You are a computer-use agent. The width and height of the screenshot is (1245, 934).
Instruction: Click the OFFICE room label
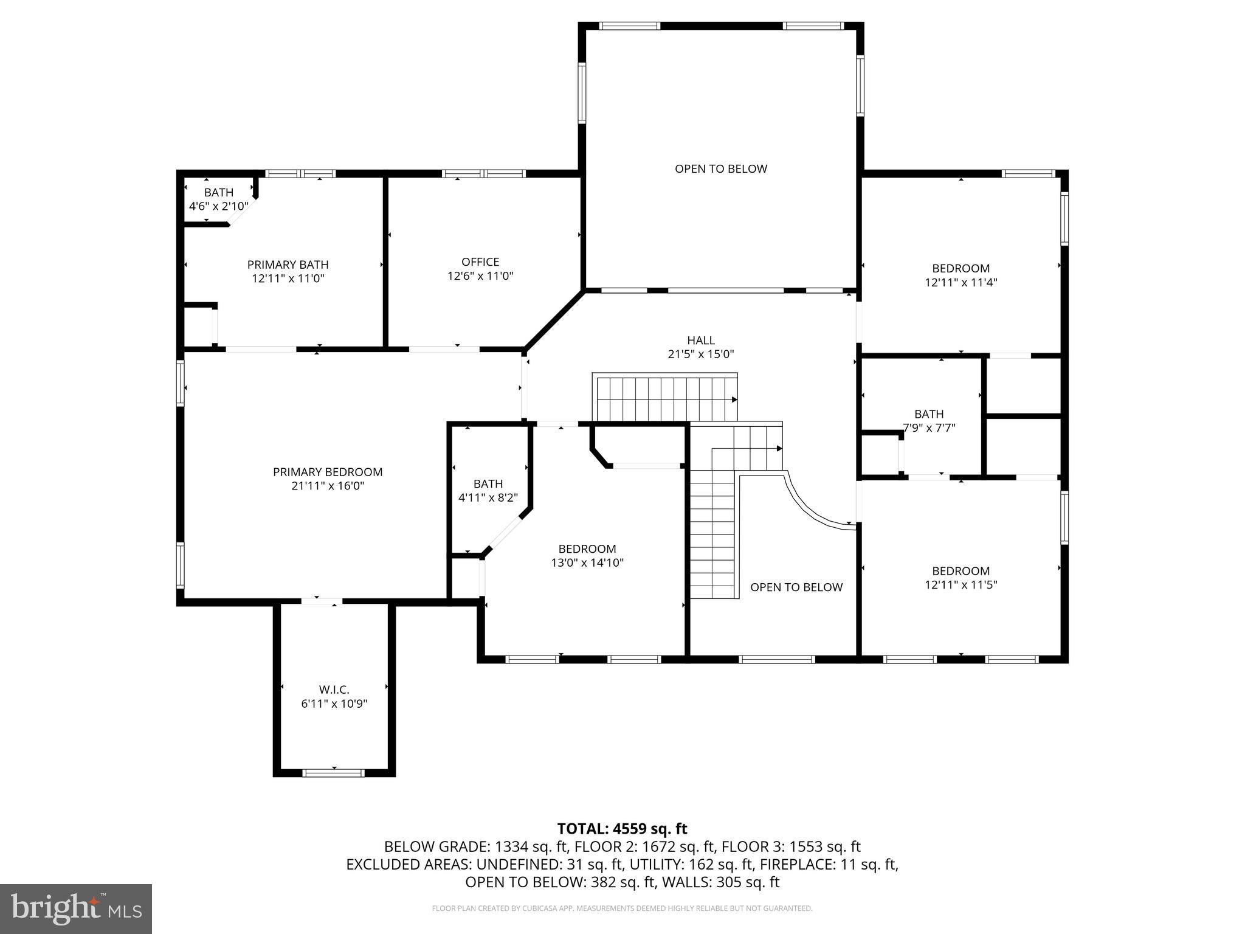[x=480, y=262]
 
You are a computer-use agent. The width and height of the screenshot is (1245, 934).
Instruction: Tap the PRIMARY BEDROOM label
[x=328, y=472]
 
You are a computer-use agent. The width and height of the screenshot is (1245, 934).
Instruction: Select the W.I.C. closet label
[x=334, y=690]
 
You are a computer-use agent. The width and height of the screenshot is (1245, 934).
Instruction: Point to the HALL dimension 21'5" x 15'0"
[x=701, y=354]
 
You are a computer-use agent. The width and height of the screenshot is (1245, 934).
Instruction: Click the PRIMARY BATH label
[x=288, y=265]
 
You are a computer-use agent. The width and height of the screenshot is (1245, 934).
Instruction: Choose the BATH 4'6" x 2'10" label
[x=218, y=199]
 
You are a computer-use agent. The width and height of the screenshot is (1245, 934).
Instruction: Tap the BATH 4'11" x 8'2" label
[x=488, y=490]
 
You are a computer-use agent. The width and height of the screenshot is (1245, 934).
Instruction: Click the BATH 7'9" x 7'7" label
[x=929, y=421]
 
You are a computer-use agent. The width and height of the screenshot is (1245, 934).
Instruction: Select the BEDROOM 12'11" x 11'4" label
[x=960, y=275]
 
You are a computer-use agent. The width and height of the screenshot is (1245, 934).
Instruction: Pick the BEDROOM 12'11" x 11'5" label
[x=960, y=578]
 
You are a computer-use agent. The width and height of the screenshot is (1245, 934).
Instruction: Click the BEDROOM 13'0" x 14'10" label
[x=587, y=556]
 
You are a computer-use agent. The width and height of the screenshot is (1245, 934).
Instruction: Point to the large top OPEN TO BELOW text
[x=721, y=169]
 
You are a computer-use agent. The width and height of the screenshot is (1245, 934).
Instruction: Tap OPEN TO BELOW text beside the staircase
[x=796, y=587]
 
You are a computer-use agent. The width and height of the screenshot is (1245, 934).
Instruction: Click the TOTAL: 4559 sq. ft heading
[x=622, y=829]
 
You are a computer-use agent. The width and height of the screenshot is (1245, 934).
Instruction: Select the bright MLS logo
[x=76, y=908]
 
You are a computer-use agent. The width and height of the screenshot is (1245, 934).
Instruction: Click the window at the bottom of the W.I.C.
[x=334, y=773]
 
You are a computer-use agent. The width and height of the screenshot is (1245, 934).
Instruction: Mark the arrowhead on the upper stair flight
[x=734, y=400]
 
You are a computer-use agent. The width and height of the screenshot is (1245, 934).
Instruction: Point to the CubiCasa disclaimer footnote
[x=622, y=908]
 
